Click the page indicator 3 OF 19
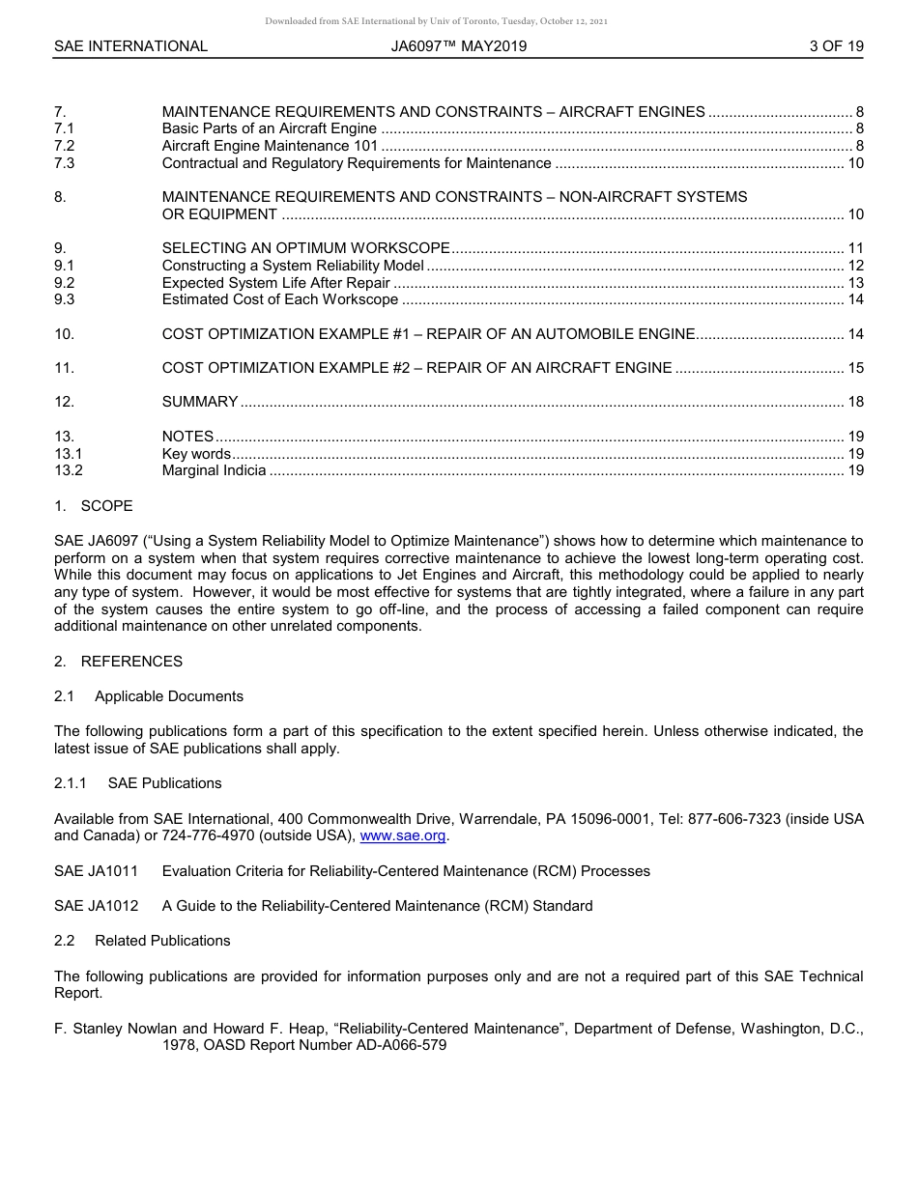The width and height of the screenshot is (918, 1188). point(836,46)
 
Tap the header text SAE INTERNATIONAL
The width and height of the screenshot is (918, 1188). point(130,46)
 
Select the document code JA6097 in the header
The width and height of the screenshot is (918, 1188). point(416,46)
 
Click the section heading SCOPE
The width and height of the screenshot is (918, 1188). point(106,506)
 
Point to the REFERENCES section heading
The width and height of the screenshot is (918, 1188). point(130,662)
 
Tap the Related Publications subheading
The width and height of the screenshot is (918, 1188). point(162,941)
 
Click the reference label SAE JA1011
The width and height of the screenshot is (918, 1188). point(96,871)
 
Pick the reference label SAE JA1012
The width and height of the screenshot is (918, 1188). point(96,906)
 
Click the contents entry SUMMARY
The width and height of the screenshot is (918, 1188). point(200,402)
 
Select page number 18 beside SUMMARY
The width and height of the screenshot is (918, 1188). point(855,402)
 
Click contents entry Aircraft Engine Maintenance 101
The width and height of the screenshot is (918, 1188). point(270,146)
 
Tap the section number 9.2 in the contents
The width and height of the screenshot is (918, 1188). point(65,283)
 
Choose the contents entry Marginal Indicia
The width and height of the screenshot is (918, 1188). point(214,471)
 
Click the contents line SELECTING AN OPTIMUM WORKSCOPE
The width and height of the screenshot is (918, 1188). point(305,248)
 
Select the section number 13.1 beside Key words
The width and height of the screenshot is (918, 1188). point(68,454)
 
